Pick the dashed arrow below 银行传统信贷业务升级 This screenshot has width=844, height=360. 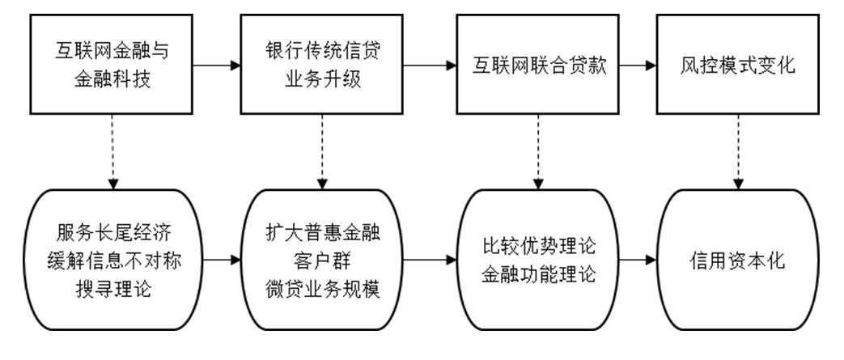[x=323, y=152]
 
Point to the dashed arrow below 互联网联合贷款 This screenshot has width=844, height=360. [x=537, y=152]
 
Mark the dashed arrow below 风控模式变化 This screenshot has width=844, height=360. [x=737, y=152]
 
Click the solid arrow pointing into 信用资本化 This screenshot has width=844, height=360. [x=634, y=260]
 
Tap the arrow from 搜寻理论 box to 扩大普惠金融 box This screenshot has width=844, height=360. [x=220, y=260]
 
